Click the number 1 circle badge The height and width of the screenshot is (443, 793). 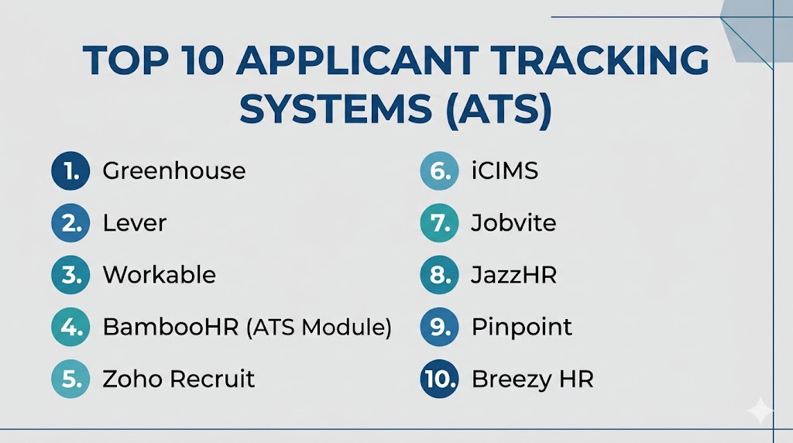click(70, 171)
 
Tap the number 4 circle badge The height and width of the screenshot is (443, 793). click(70, 327)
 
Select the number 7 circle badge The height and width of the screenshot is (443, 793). click(440, 223)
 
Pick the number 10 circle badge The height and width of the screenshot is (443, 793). click(440, 379)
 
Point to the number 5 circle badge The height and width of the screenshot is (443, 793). click(70, 379)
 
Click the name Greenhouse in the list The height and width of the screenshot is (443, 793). click(174, 171)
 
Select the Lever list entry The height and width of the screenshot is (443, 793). click(135, 223)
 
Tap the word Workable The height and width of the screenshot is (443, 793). click(160, 275)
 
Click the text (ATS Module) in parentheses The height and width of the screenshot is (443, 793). click(319, 327)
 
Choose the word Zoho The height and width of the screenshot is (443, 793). click(132, 379)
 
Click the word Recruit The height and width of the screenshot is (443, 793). click(212, 379)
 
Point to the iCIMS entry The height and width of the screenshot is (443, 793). click(505, 171)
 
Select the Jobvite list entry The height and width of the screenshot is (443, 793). click(513, 223)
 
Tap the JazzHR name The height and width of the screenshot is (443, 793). click(514, 275)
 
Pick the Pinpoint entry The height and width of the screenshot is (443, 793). click(522, 327)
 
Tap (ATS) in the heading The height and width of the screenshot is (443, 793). click(499, 110)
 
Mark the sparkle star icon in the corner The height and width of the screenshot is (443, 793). click(760, 410)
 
